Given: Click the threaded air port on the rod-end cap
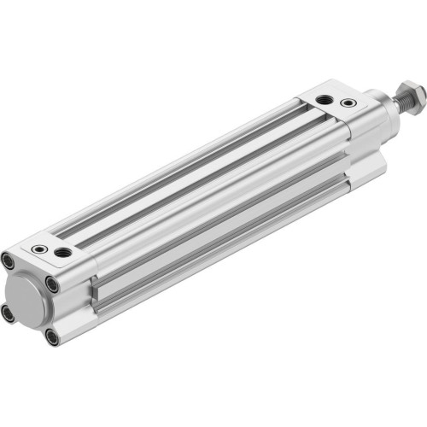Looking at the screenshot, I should [x=324, y=101].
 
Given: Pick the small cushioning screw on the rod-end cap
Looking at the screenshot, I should [x=347, y=103].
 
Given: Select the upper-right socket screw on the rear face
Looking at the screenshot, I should [x=52, y=285].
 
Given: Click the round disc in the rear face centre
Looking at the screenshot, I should [x=29, y=299].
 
